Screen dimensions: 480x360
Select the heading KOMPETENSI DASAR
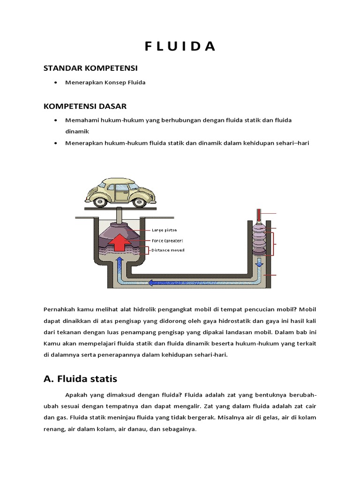click(x=85, y=106)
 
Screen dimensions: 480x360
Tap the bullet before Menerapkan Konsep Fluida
click(x=56, y=82)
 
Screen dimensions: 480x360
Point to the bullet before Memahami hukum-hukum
click(x=56, y=120)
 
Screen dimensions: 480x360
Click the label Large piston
click(x=164, y=230)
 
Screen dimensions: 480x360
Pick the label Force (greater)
click(x=167, y=240)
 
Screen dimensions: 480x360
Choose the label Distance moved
click(x=167, y=250)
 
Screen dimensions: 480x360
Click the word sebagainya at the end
click(x=180, y=429)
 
